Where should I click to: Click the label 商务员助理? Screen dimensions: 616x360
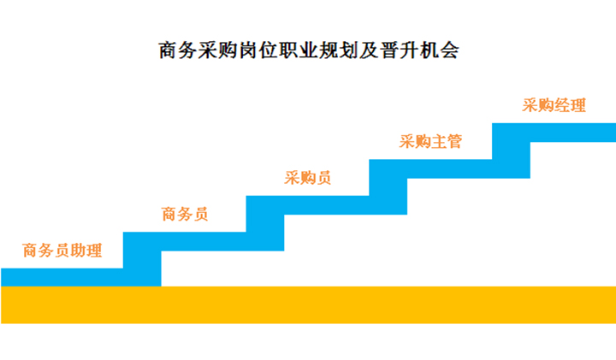(x=62, y=251)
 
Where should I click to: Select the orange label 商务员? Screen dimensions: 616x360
(x=185, y=214)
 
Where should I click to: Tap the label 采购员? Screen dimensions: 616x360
(x=308, y=178)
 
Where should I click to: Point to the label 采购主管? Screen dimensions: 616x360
(x=430, y=141)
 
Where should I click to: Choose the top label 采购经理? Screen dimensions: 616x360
(x=554, y=105)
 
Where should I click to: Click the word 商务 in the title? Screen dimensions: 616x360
(x=178, y=50)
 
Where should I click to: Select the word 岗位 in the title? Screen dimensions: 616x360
(x=258, y=50)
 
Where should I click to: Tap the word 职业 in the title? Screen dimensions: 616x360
(x=299, y=50)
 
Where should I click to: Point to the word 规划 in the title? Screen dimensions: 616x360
(x=339, y=50)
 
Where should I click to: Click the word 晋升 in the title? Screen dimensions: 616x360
(x=400, y=50)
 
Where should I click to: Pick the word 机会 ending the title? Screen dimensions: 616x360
(x=439, y=50)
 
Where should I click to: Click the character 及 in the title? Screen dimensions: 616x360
(x=369, y=50)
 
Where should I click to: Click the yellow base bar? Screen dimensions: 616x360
(x=308, y=305)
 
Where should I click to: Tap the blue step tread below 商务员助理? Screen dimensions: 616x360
(x=62, y=278)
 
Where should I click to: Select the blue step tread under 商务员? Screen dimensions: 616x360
(x=185, y=241)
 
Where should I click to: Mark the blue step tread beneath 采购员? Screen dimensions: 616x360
(x=308, y=205)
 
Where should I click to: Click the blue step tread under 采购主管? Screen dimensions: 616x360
(x=430, y=168)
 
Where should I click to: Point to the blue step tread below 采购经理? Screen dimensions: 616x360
(x=554, y=133)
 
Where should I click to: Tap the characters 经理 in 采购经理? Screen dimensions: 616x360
(x=570, y=105)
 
